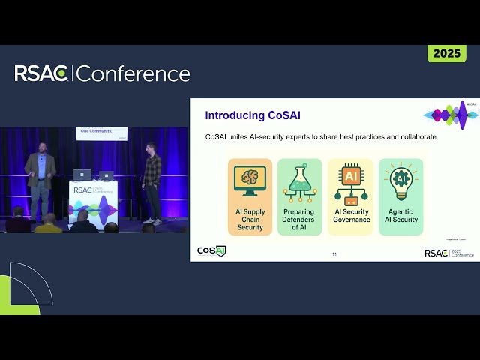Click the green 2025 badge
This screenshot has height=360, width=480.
point(447,53)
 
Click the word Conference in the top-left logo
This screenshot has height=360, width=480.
point(133,73)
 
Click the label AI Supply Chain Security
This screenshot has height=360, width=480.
point(250,220)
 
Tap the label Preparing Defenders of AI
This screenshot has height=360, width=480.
point(300,220)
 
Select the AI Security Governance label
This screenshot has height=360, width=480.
point(350,216)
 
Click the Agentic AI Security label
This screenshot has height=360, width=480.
point(400,216)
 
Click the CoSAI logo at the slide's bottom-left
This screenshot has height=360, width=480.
point(211,250)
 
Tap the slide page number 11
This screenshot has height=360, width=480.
point(334,255)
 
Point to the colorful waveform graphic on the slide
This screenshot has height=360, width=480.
point(450,114)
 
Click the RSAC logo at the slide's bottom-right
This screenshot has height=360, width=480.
point(448,253)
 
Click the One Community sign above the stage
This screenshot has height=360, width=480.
point(101,133)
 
